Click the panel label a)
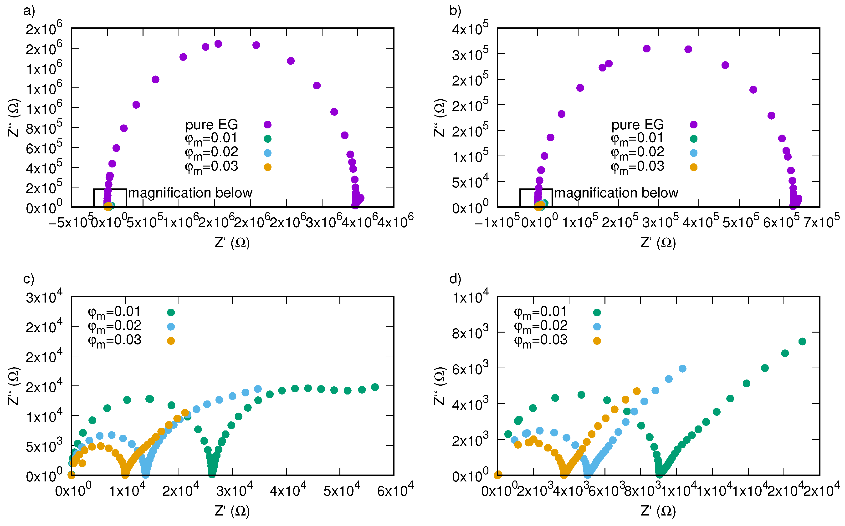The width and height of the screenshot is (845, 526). point(29,11)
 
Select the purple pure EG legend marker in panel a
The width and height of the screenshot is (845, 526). point(267,125)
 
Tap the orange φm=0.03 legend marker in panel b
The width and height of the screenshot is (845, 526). point(693,167)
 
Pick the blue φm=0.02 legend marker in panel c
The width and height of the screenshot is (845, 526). point(170,327)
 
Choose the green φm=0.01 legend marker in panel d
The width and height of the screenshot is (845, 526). point(597,312)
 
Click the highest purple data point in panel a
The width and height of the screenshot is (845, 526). point(218,44)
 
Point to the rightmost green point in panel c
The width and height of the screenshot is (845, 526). point(375,387)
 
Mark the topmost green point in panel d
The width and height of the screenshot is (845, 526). point(802,342)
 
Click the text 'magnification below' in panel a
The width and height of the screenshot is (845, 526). point(190,193)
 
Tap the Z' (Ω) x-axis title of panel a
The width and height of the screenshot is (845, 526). point(232,243)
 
